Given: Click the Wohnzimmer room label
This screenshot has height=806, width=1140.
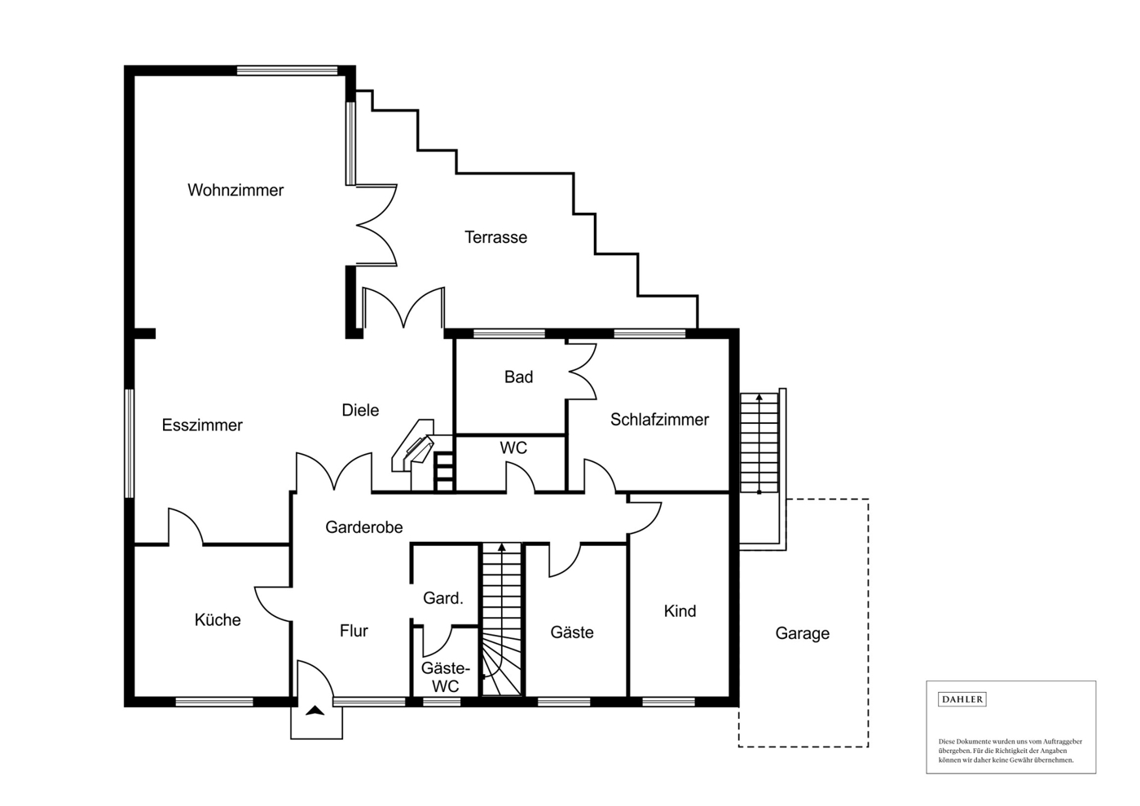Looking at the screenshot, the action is (235, 191).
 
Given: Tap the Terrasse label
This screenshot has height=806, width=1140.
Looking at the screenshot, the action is (495, 237).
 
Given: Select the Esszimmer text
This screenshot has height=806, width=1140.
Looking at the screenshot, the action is (202, 425).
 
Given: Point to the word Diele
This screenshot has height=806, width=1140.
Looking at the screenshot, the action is (360, 410).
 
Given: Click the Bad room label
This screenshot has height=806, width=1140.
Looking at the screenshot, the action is (518, 377).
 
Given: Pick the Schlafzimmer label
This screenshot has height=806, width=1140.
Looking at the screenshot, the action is (659, 419).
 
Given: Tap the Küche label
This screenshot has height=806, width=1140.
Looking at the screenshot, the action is (218, 619).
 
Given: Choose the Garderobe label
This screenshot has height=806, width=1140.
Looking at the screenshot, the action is (364, 527).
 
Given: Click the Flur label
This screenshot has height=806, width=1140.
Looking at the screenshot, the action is (354, 631).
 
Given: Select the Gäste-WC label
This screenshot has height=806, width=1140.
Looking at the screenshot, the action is (445, 676).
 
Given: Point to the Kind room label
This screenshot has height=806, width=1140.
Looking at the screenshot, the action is (680, 611).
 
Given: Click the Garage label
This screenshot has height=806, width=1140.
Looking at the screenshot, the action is (803, 633).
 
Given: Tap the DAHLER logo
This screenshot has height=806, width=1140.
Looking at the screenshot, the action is (962, 699).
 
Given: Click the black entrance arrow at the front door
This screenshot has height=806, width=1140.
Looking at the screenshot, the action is (315, 711).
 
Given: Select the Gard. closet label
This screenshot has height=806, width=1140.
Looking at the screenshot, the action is (443, 598).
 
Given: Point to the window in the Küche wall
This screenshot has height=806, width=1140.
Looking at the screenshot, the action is (214, 702).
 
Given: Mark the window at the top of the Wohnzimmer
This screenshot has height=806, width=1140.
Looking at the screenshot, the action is (288, 70).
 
